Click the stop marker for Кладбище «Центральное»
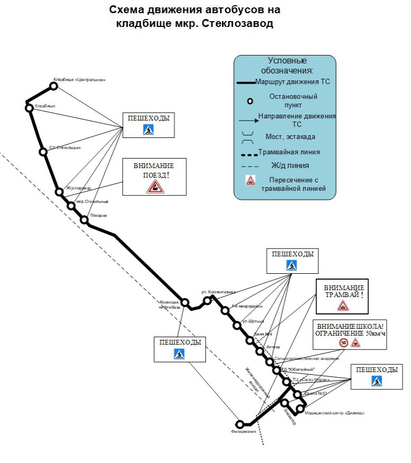coord(53,86)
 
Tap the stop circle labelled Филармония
coord(240,424)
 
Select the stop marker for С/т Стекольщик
coord(43,152)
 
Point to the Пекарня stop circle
coord(84,219)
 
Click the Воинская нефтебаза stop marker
coord(185,302)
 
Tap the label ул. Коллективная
coord(218,292)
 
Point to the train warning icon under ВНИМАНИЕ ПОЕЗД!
coord(154,186)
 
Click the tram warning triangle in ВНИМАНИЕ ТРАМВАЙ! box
coord(343,305)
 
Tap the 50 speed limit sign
coord(344,342)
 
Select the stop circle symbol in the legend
coord(250,101)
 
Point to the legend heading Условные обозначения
coord(287,65)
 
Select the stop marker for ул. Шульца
coord(236,325)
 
